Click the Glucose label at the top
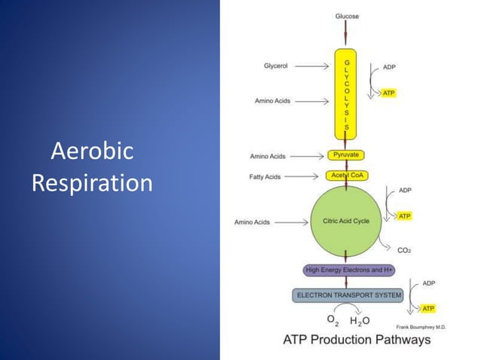point(346,16)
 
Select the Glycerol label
point(275,66)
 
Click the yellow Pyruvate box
point(346,155)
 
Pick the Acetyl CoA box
point(346,175)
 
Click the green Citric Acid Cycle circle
point(346,221)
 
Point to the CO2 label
point(404,250)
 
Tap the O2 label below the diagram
point(332,319)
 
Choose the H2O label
point(360,321)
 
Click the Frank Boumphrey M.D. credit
point(421,327)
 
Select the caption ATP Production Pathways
point(357,340)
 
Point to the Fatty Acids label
point(265,177)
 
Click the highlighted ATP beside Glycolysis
point(388,93)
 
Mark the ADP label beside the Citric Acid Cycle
point(405,191)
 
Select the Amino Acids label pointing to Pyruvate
point(268,156)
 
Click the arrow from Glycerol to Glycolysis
point(311,66)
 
